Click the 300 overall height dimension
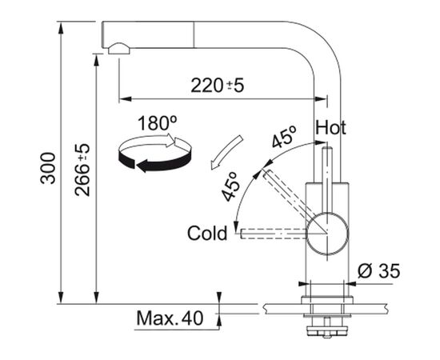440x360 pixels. pos(48,168)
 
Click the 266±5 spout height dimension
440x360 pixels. pos(82,170)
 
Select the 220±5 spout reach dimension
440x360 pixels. pos(217,86)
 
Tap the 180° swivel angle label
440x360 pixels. pos(157,123)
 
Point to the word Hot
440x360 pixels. pos(330,128)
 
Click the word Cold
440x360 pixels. pos(207,233)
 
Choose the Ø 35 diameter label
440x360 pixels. pos(379,271)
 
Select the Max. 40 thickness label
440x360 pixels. pos(170,318)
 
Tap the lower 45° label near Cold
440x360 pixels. pos(231,186)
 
